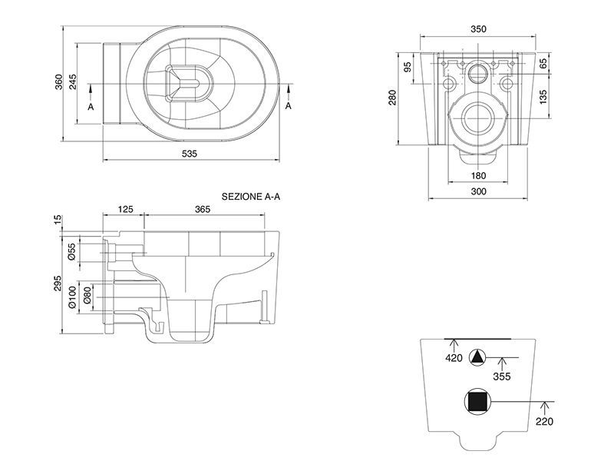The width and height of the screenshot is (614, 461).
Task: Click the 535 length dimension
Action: pos(190,154)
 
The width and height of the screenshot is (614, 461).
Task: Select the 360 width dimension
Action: pos(59,81)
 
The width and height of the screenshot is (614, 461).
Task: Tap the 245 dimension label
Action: pos(73,81)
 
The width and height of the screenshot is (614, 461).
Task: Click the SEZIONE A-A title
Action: pos(251,197)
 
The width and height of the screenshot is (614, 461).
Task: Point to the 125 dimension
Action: pos(125,209)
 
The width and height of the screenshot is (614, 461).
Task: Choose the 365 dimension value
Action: pos(203,209)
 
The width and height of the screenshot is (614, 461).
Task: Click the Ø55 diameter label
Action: pos(71,252)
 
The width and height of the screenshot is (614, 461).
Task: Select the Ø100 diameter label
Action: pos(72,297)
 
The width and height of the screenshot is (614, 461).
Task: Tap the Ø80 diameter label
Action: pos(87,295)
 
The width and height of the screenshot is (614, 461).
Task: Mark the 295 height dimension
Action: pos(58,283)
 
